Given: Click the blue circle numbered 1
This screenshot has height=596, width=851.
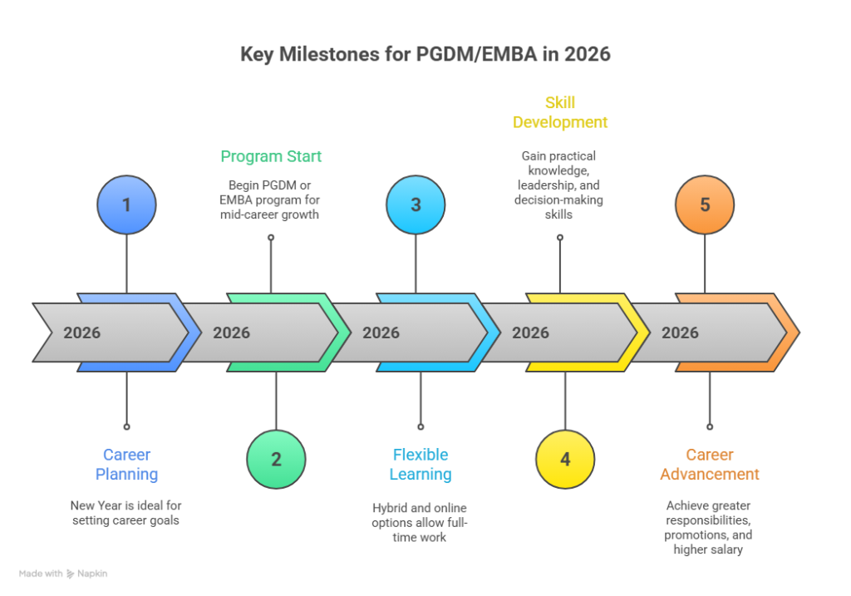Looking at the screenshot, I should pyautogui.click(x=126, y=204).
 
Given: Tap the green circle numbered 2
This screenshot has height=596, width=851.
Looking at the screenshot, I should pyautogui.click(x=276, y=459).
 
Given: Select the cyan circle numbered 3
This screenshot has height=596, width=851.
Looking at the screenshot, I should pyautogui.click(x=416, y=204).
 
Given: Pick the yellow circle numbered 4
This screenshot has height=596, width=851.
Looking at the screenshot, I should pyautogui.click(x=565, y=459).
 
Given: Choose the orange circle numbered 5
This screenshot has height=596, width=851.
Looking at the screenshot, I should pyautogui.click(x=705, y=204).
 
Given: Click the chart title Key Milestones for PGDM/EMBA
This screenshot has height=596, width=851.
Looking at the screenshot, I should pyautogui.click(x=425, y=55).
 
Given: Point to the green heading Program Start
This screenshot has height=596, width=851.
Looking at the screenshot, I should pyautogui.click(x=271, y=156).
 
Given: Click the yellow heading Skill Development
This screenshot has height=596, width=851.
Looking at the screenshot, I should pyautogui.click(x=560, y=112).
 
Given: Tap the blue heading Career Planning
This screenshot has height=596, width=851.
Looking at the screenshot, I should pyautogui.click(x=126, y=465).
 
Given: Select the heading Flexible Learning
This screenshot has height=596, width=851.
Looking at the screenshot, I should pyautogui.click(x=421, y=465).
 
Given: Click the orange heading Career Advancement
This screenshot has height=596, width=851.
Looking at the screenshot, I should pyautogui.click(x=710, y=465).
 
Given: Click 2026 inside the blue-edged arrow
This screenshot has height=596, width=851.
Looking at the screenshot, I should pyautogui.click(x=82, y=332).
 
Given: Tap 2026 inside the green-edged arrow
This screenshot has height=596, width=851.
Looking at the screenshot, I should pyautogui.click(x=232, y=332).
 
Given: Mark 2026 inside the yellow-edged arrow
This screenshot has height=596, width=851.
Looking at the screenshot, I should pyautogui.click(x=530, y=332).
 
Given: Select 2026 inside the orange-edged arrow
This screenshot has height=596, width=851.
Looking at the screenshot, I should pyautogui.click(x=680, y=332).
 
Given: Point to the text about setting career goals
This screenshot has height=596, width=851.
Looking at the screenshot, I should pyautogui.click(x=126, y=513).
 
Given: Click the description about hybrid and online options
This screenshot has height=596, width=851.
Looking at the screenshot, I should pyautogui.click(x=421, y=522).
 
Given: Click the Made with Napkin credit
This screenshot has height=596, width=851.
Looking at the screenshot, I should pyautogui.click(x=63, y=574).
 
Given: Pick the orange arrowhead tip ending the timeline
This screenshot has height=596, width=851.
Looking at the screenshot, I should pyautogui.click(x=793, y=332).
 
